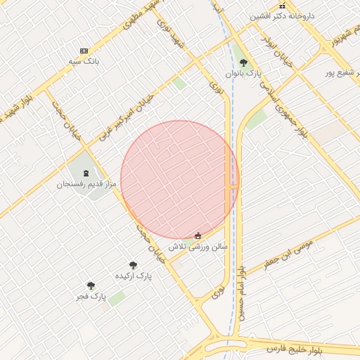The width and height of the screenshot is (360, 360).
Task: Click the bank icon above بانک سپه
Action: pyautogui.click(x=84, y=51)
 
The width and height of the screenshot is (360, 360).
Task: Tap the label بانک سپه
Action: pyautogui.click(x=82, y=62)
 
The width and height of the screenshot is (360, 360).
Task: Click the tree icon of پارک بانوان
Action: pyautogui.click(x=243, y=63)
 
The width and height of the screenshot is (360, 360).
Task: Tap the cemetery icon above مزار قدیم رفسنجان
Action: pyautogui.click(x=86, y=173)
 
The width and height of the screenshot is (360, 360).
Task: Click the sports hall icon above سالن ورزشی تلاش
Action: pyautogui.click(x=198, y=236)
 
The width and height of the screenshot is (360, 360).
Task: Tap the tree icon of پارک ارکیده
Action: pyautogui.click(x=133, y=265)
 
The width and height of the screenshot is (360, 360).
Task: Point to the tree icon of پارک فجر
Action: pyautogui.click(x=91, y=285)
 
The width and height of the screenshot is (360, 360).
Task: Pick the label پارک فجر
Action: pyautogui.click(x=92, y=296)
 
